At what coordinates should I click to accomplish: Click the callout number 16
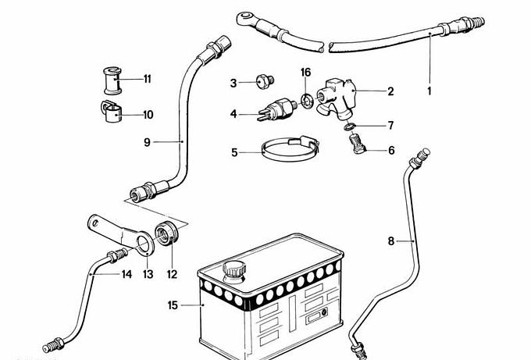coord(305,72)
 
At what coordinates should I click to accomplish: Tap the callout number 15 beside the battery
coord(173,305)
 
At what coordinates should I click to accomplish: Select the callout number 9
coord(147,142)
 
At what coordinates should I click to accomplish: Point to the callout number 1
coord(429,91)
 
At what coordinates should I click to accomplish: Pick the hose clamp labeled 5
coord(290,149)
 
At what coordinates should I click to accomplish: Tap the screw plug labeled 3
coord(265,81)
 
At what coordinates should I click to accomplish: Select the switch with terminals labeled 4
coord(277,109)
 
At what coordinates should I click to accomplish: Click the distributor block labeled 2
coord(337,99)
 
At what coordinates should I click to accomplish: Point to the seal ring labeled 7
coord(349,127)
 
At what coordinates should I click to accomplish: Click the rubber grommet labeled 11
coord(112,81)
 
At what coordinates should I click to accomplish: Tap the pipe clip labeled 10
coord(112,112)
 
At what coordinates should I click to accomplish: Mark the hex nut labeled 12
coord(166,233)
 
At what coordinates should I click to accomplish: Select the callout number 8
coord(390,241)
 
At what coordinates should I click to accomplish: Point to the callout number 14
coord(127,274)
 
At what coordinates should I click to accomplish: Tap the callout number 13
coord(148,274)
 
